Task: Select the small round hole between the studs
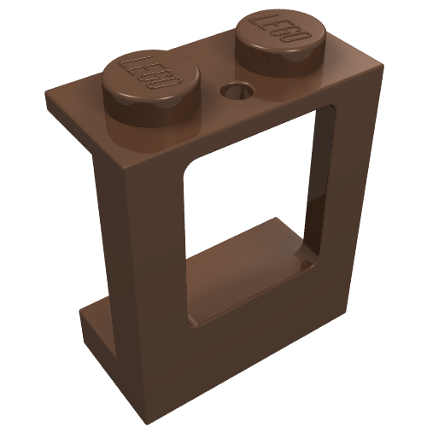pos(232,89)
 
